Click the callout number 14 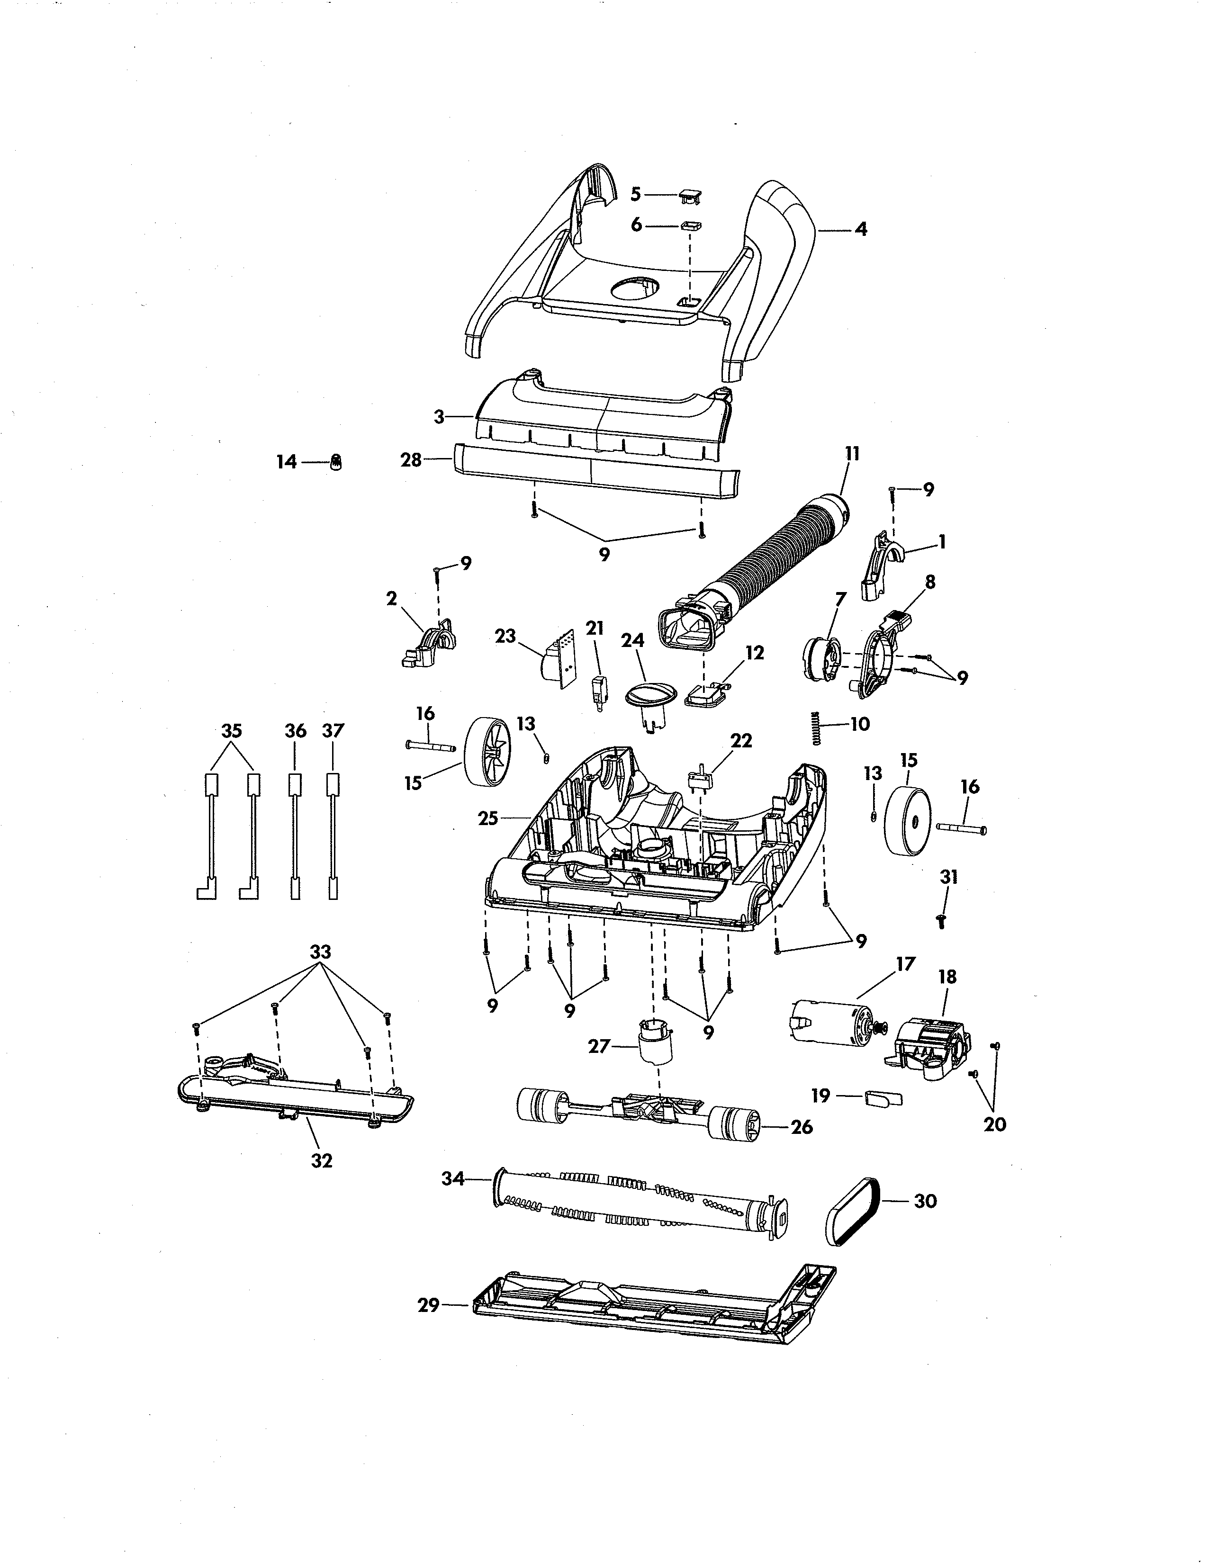coord(286,462)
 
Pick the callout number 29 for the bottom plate coord(428,1305)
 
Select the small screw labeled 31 coord(942,921)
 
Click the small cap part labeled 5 coord(690,195)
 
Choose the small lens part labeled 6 coord(691,226)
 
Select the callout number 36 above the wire coord(296,731)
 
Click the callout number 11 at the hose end coord(852,454)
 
